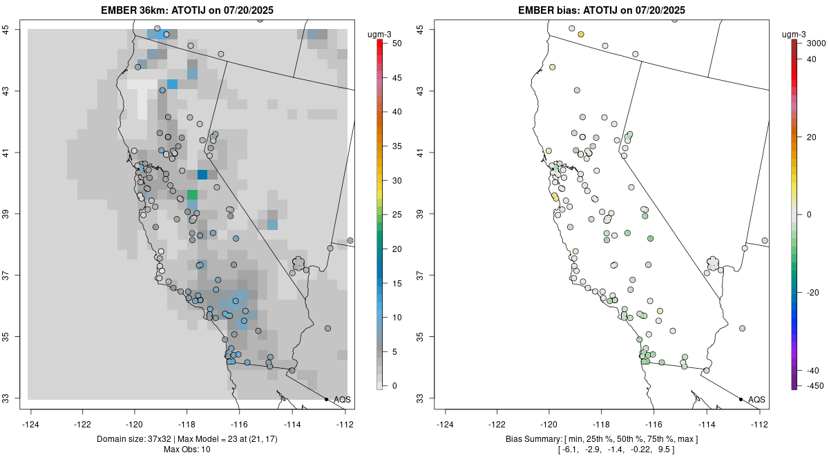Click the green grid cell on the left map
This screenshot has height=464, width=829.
coord(192,195)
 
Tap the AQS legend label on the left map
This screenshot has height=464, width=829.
coord(342,400)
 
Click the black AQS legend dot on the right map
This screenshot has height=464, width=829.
coord(740,399)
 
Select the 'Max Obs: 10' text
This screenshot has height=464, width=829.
coord(187,449)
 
